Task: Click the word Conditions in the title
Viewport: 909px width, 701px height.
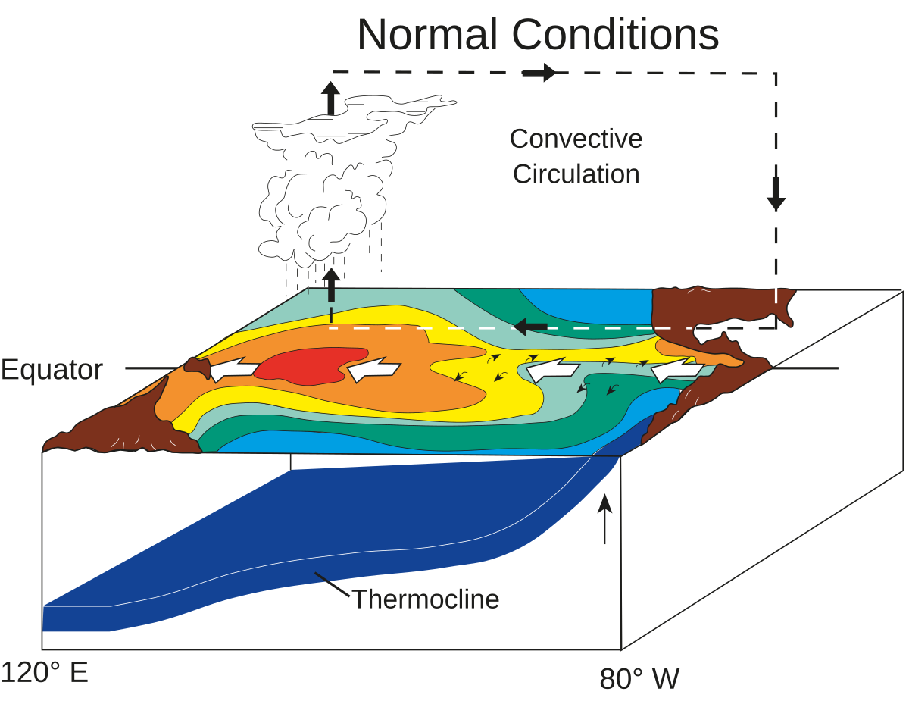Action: tap(616, 34)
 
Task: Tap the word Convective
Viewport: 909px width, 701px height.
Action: tap(576, 139)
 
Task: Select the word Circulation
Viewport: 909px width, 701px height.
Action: tap(576, 174)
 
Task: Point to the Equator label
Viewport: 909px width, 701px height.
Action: tap(52, 370)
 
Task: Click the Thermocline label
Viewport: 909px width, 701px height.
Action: tap(426, 599)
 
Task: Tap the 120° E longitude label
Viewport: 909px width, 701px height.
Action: tap(45, 672)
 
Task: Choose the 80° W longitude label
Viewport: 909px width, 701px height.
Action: tap(639, 678)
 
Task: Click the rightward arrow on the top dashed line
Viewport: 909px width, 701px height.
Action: tap(540, 73)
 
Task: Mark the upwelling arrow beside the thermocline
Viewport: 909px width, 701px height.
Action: tap(604, 519)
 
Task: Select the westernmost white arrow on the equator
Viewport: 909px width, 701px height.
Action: tap(231, 370)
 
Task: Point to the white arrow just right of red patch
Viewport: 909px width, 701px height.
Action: tap(373, 370)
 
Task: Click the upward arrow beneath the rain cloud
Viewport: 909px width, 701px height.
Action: tap(331, 286)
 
